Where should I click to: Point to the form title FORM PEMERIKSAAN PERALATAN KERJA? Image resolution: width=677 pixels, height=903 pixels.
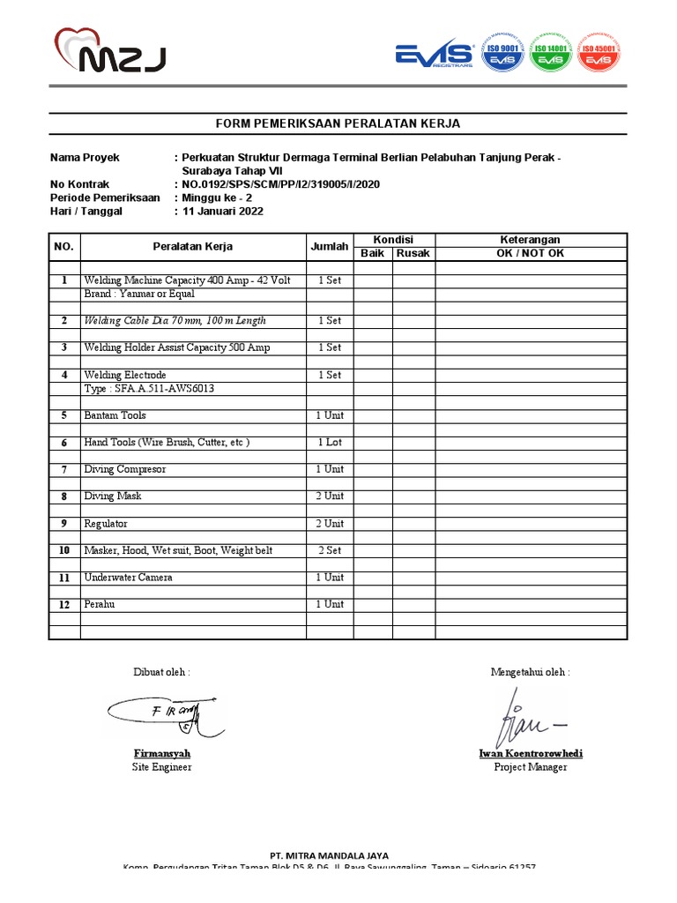click(x=338, y=123)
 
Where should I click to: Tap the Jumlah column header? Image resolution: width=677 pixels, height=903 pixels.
click(x=330, y=247)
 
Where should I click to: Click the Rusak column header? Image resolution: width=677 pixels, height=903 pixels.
click(x=413, y=254)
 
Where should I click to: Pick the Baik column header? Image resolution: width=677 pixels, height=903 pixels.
click(x=373, y=254)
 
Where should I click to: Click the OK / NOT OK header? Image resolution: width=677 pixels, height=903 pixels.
click(x=531, y=254)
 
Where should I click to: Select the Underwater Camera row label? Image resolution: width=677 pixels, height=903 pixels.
click(x=128, y=578)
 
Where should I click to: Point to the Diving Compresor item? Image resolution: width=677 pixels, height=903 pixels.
click(x=124, y=470)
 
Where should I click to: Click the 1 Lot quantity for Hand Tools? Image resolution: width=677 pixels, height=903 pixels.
click(x=330, y=443)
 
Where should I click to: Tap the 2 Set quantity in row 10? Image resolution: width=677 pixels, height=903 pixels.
click(x=330, y=551)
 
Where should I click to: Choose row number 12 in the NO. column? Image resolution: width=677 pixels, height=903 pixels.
click(x=64, y=605)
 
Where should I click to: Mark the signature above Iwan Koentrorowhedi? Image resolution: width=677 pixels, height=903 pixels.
click(x=527, y=716)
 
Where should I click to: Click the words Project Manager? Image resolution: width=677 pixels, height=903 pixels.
click(x=530, y=767)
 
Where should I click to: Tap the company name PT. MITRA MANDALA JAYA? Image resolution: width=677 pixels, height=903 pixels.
click(x=329, y=855)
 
